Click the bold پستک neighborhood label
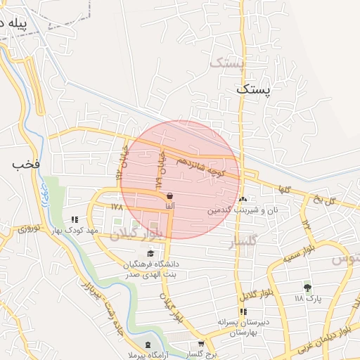(254, 90)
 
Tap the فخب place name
(23, 164)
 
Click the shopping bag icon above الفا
(169, 195)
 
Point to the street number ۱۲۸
(117, 207)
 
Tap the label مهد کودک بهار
(77, 231)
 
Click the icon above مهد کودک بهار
(75, 220)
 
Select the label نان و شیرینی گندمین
(243, 210)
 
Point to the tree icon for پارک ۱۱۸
(307, 287)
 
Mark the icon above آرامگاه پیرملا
(147, 345)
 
